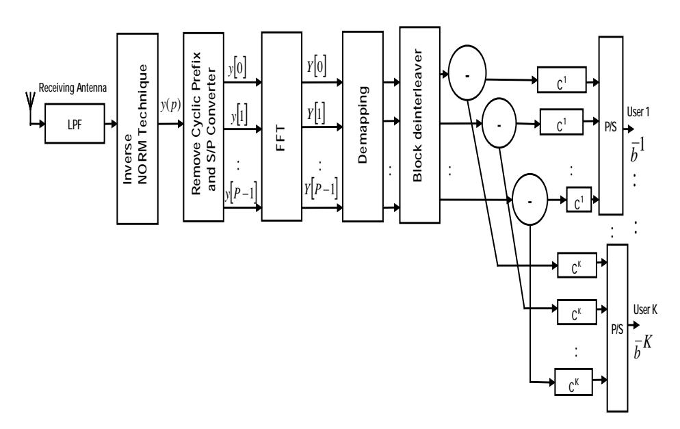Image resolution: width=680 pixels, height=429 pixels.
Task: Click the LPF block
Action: [x=75, y=124]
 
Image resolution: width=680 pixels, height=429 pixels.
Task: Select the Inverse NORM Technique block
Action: [x=138, y=129]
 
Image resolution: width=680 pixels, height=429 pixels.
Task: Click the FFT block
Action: [x=281, y=126]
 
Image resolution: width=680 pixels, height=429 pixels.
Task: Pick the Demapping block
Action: [x=363, y=126]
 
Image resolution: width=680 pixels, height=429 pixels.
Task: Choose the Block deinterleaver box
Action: [x=419, y=125]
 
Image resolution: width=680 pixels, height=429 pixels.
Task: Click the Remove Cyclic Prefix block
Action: [x=203, y=127]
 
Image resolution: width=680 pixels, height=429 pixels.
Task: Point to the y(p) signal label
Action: [x=170, y=105]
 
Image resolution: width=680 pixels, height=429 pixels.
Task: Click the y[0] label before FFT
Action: [x=237, y=68]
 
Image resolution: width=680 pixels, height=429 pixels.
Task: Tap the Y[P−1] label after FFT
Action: [x=320, y=190]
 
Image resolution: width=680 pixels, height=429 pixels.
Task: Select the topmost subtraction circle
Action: [x=467, y=73]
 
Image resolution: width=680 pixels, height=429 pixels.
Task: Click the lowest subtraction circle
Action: [x=530, y=200]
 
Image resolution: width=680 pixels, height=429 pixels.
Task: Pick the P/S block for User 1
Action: [x=611, y=126]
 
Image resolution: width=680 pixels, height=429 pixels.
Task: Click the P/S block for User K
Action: [x=618, y=328]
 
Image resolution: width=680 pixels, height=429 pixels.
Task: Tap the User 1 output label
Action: [x=638, y=112]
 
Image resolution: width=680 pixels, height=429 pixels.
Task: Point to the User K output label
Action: [x=645, y=310]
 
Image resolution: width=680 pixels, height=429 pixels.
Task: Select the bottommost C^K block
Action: [x=574, y=382]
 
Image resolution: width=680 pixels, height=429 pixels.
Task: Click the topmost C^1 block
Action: [x=562, y=80]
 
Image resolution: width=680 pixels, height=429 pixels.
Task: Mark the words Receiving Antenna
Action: [x=73, y=88]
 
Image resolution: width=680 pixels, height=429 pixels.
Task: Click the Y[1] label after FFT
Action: [x=316, y=114]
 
